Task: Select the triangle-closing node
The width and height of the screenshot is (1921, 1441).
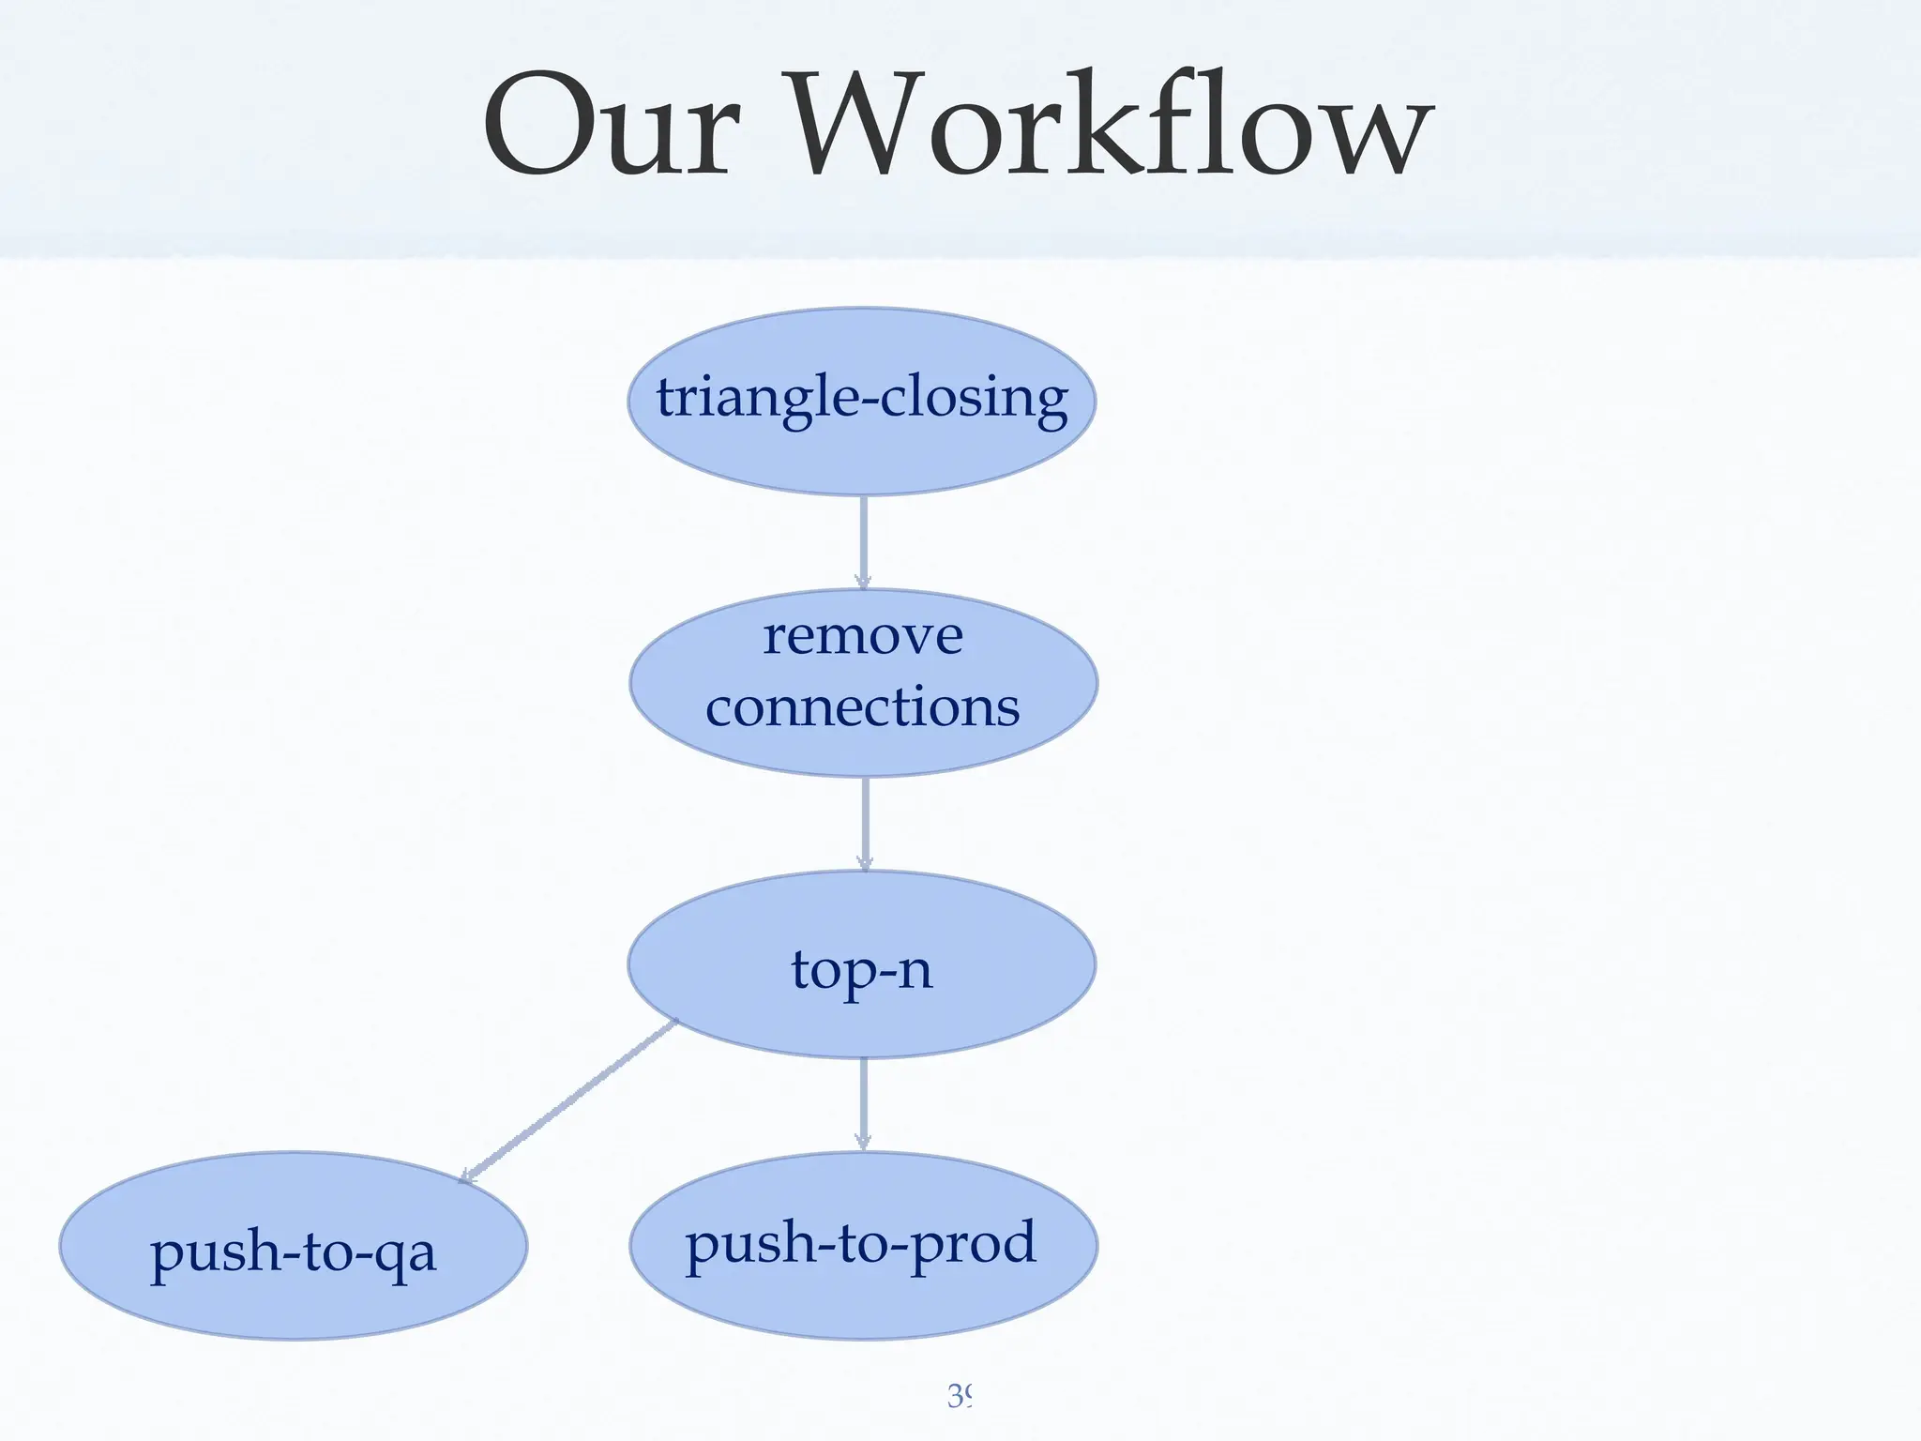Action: [x=861, y=401]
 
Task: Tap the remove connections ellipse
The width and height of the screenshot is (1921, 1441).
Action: [x=863, y=682]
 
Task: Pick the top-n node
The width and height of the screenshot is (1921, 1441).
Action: [x=861, y=965]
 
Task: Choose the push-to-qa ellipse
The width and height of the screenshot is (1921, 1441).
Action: [x=293, y=1247]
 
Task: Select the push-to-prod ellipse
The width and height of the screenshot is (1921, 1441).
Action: [x=863, y=1245]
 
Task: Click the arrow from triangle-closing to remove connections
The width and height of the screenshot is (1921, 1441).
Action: [x=863, y=539]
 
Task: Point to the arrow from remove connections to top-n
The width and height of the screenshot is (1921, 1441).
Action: [x=865, y=822]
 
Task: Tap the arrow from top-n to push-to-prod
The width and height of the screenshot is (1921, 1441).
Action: [x=863, y=1102]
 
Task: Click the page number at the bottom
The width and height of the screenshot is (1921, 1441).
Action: [x=960, y=1396]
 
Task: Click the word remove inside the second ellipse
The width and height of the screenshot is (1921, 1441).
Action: [x=862, y=637]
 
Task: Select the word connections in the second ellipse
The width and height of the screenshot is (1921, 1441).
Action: [x=862, y=707]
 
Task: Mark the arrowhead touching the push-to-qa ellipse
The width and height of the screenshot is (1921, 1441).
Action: [x=466, y=1176]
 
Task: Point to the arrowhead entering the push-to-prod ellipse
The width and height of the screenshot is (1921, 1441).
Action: [x=863, y=1142]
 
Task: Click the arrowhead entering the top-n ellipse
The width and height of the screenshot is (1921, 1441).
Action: [x=865, y=862]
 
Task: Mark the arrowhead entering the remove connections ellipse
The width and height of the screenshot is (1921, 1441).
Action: [x=863, y=581]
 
